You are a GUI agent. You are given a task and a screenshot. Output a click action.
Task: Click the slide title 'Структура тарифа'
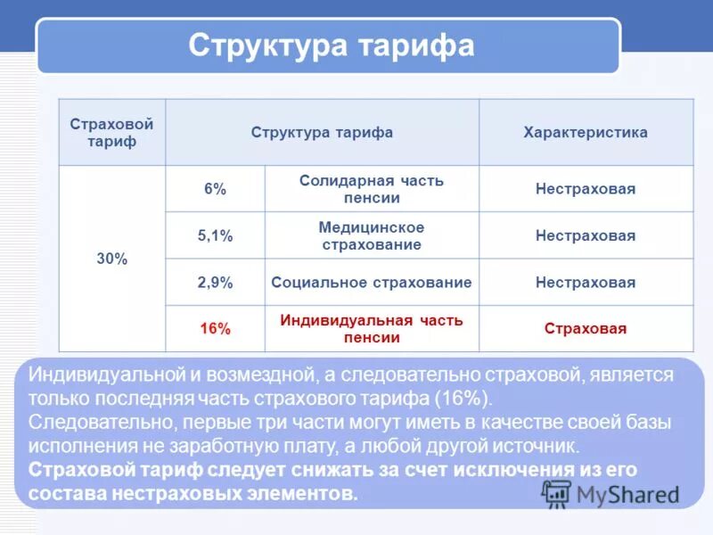tap(331, 45)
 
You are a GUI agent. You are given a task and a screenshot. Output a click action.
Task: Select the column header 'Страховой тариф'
tap(111, 133)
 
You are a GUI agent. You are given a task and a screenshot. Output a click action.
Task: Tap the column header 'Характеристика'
tap(586, 133)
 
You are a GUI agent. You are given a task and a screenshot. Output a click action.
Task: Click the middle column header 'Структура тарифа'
tap(322, 133)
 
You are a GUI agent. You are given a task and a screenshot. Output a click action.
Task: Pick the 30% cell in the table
tap(112, 259)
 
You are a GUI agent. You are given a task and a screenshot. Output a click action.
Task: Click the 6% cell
tap(215, 189)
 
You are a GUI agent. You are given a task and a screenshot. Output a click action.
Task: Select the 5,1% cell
tap(215, 236)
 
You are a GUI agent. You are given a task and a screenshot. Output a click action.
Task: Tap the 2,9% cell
tap(215, 283)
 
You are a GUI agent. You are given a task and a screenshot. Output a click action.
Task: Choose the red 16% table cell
tap(215, 329)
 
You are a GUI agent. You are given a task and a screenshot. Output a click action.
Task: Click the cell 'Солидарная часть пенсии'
tap(372, 189)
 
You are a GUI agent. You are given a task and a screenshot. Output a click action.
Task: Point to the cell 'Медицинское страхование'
tap(372, 236)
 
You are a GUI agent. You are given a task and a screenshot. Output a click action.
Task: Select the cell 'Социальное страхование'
tap(372, 283)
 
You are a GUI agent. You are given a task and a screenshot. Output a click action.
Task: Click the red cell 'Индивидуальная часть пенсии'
tap(372, 329)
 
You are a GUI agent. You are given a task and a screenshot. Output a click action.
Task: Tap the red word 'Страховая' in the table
tap(586, 329)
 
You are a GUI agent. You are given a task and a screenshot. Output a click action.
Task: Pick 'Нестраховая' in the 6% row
tap(586, 189)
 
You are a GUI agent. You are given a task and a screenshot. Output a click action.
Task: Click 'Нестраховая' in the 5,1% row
tap(586, 236)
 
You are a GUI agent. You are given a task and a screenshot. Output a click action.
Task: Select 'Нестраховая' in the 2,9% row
tap(586, 283)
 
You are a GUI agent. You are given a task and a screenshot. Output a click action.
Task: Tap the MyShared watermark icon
tap(557, 493)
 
